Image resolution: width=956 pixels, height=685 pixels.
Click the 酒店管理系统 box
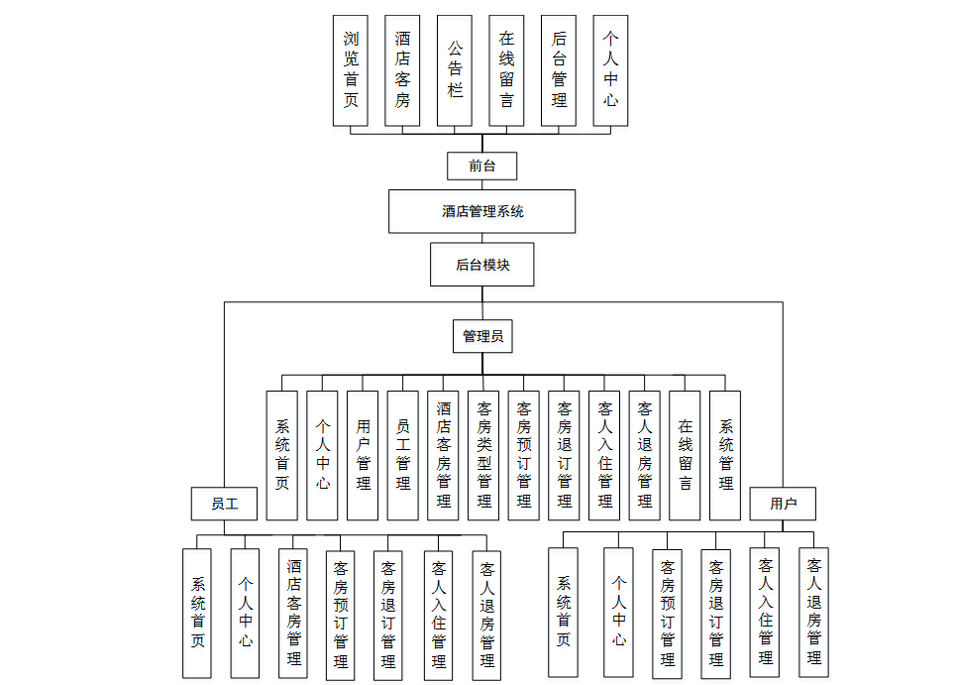click(481, 211)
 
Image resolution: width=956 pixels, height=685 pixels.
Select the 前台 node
click(481, 166)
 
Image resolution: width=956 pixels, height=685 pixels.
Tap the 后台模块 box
click(481, 265)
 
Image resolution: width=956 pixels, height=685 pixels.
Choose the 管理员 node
click(482, 336)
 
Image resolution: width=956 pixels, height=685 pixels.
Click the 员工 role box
click(225, 504)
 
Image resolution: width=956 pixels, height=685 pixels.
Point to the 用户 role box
click(783, 504)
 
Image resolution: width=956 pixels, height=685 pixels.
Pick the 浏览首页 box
click(351, 70)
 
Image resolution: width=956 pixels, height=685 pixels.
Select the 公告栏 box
click(455, 70)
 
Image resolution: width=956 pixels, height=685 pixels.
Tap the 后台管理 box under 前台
click(559, 70)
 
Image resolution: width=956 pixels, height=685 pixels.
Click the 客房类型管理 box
click(483, 455)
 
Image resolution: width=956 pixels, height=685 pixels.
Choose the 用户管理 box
click(363, 455)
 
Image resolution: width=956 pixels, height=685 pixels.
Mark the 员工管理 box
click(402, 455)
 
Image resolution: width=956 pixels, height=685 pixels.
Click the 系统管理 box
click(725, 455)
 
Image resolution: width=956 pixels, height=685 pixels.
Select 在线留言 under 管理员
click(685, 455)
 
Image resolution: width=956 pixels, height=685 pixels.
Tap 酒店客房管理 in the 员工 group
click(294, 613)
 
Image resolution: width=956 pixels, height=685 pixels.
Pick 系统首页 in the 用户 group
click(564, 613)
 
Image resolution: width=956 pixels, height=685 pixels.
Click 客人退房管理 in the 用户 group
click(813, 613)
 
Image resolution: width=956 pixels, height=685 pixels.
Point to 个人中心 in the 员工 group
click(245, 613)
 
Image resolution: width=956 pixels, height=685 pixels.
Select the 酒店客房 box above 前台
click(402, 70)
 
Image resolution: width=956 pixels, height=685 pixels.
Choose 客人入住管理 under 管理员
click(604, 455)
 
